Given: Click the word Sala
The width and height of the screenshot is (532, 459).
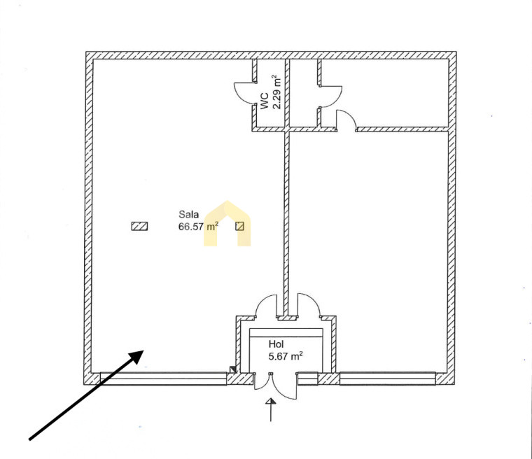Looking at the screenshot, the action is pos(188,214).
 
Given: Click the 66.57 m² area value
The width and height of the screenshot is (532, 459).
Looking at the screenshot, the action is pos(198,226).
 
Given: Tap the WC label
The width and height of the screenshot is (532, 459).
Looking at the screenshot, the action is pos(265,101).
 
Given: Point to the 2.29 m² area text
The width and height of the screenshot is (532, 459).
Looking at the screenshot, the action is pos(277,92).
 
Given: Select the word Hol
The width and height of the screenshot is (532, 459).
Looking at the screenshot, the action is pos(276,344).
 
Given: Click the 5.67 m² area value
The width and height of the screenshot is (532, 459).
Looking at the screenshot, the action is pos(286,356).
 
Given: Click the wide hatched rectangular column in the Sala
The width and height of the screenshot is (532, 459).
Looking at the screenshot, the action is pos(139,226).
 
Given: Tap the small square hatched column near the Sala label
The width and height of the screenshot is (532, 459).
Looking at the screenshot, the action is pos(240,226).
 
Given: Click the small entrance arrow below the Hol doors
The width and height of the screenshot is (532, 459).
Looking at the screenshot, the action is pos(270,410).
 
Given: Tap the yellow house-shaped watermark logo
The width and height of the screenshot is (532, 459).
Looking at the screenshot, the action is pos(227,223).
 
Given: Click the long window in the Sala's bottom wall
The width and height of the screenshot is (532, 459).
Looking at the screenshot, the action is pos(164,379).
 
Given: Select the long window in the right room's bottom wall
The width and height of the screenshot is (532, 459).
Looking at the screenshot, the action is pos(387,379).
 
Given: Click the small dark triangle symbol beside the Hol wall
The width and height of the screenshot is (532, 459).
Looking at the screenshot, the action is pos(232,369).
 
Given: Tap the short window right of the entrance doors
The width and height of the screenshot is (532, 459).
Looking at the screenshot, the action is pos(308,379).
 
